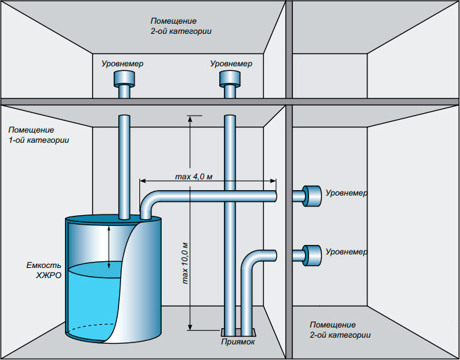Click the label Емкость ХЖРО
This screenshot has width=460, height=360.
[44, 270]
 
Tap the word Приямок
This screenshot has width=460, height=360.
[238, 342]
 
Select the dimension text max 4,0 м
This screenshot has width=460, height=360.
[193, 177]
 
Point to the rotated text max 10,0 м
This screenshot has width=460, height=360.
[185, 263]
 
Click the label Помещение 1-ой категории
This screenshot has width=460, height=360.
[39, 135]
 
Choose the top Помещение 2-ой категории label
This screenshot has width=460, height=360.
[181, 26]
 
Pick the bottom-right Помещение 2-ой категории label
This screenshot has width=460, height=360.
[340, 330]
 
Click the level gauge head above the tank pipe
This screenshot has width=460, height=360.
[124, 78]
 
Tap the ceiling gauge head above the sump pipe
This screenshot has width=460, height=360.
[230, 78]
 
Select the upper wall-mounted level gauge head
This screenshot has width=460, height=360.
[312, 196]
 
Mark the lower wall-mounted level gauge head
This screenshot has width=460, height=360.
[312, 255]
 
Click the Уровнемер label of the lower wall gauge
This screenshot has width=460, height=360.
[346, 252]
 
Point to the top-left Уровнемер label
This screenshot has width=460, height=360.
[122, 64]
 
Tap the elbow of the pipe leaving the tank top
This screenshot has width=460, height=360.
[149, 200]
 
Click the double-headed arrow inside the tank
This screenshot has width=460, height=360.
[109, 247]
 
